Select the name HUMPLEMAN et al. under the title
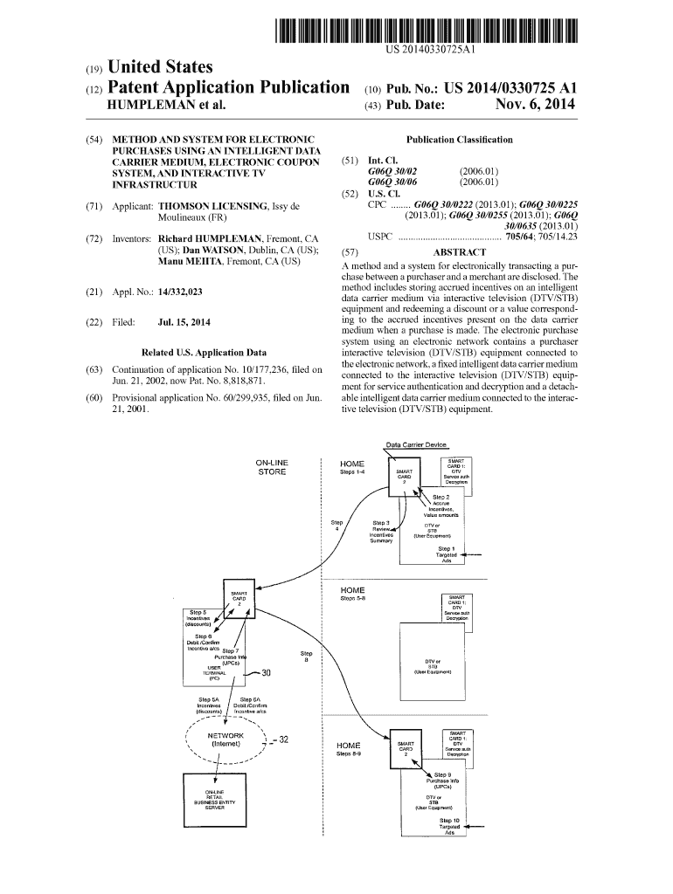point(165,107)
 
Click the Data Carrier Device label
point(416,445)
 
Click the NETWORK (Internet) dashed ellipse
point(225,741)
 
